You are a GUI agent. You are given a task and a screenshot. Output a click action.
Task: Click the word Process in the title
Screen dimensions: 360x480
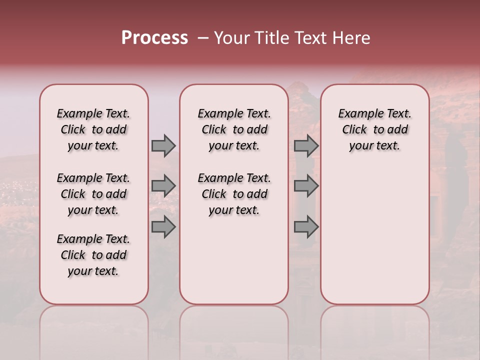pyautogui.click(x=154, y=38)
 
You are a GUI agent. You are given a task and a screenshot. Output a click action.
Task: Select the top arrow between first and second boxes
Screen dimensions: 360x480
pyautogui.click(x=163, y=145)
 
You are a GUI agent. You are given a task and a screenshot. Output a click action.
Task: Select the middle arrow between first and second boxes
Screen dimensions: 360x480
pyautogui.click(x=163, y=185)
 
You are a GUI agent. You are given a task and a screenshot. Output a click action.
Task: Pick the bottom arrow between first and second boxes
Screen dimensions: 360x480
pyautogui.click(x=163, y=226)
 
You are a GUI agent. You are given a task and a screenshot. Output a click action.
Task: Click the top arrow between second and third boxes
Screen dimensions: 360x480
pyautogui.click(x=306, y=145)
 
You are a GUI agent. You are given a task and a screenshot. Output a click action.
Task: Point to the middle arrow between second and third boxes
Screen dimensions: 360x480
pyautogui.click(x=306, y=185)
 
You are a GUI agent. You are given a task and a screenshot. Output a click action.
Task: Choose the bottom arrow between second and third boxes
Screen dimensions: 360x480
pyautogui.click(x=306, y=226)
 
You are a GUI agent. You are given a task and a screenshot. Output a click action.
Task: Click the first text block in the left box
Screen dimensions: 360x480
pyautogui.click(x=93, y=129)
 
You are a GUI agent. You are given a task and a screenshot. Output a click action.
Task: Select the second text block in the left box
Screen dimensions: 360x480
pyautogui.click(x=93, y=194)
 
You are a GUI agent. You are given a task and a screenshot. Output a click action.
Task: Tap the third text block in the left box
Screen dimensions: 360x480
pyautogui.click(x=93, y=255)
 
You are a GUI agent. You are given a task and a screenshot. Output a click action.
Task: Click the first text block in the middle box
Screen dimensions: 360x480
pyautogui.click(x=234, y=129)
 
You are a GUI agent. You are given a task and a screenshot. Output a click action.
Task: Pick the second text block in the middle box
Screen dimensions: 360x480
pyautogui.click(x=234, y=194)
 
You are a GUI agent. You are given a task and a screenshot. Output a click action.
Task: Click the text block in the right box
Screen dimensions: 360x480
pyautogui.click(x=374, y=129)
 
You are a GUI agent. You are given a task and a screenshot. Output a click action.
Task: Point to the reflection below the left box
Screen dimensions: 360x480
pyautogui.click(x=93, y=330)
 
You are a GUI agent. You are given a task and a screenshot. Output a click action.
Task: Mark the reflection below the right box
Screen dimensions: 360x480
pyautogui.click(x=374, y=330)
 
